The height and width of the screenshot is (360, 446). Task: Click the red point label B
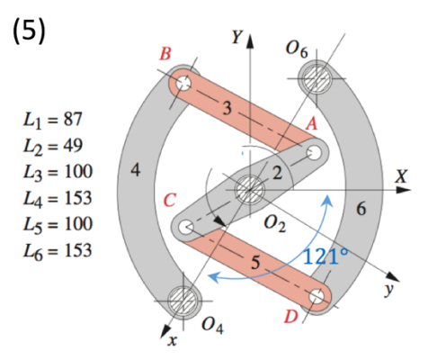[165, 54]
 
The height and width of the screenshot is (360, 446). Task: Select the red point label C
[169, 199]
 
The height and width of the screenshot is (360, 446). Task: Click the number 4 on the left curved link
[135, 173]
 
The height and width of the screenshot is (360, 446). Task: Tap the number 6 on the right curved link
[361, 210]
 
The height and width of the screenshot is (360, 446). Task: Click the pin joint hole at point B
[184, 84]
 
